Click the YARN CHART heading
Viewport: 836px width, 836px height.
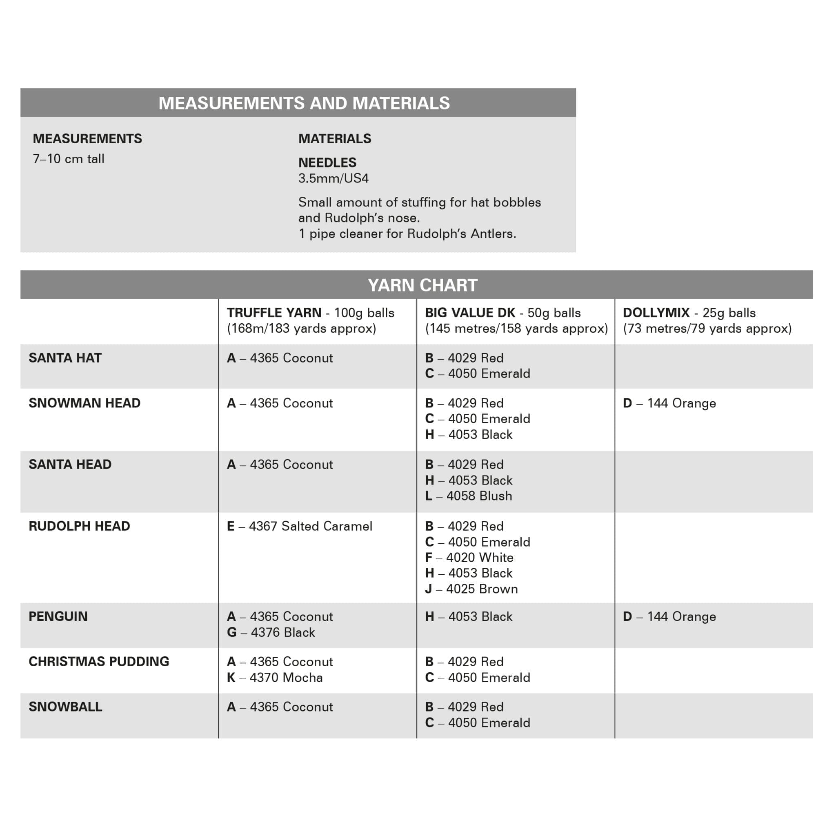[422, 285]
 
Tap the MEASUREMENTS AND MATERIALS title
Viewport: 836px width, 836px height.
[304, 103]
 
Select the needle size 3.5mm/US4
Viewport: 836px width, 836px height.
[333, 178]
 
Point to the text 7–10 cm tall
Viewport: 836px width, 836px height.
[68, 159]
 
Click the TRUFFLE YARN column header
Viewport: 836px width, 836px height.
[310, 320]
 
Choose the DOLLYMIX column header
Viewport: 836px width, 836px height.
[707, 320]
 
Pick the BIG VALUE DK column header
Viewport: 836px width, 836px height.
[516, 320]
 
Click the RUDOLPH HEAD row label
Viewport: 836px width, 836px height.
[79, 526]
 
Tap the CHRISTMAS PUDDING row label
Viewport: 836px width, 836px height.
[99, 662]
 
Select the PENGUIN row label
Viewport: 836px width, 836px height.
[58, 617]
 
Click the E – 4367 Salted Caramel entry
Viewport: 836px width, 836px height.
[300, 526]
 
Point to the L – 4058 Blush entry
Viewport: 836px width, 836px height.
[469, 496]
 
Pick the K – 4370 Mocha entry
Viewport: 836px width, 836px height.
[275, 678]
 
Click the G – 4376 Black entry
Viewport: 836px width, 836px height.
[271, 632]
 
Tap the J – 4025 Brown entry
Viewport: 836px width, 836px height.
[471, 589]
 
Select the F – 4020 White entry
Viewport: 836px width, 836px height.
[469, 557]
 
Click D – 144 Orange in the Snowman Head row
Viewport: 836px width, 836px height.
[669, 403]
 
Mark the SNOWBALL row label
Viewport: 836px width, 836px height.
[65, 707]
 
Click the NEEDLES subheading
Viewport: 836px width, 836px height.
[327, 163]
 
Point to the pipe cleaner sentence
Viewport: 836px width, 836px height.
[407, 233]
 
